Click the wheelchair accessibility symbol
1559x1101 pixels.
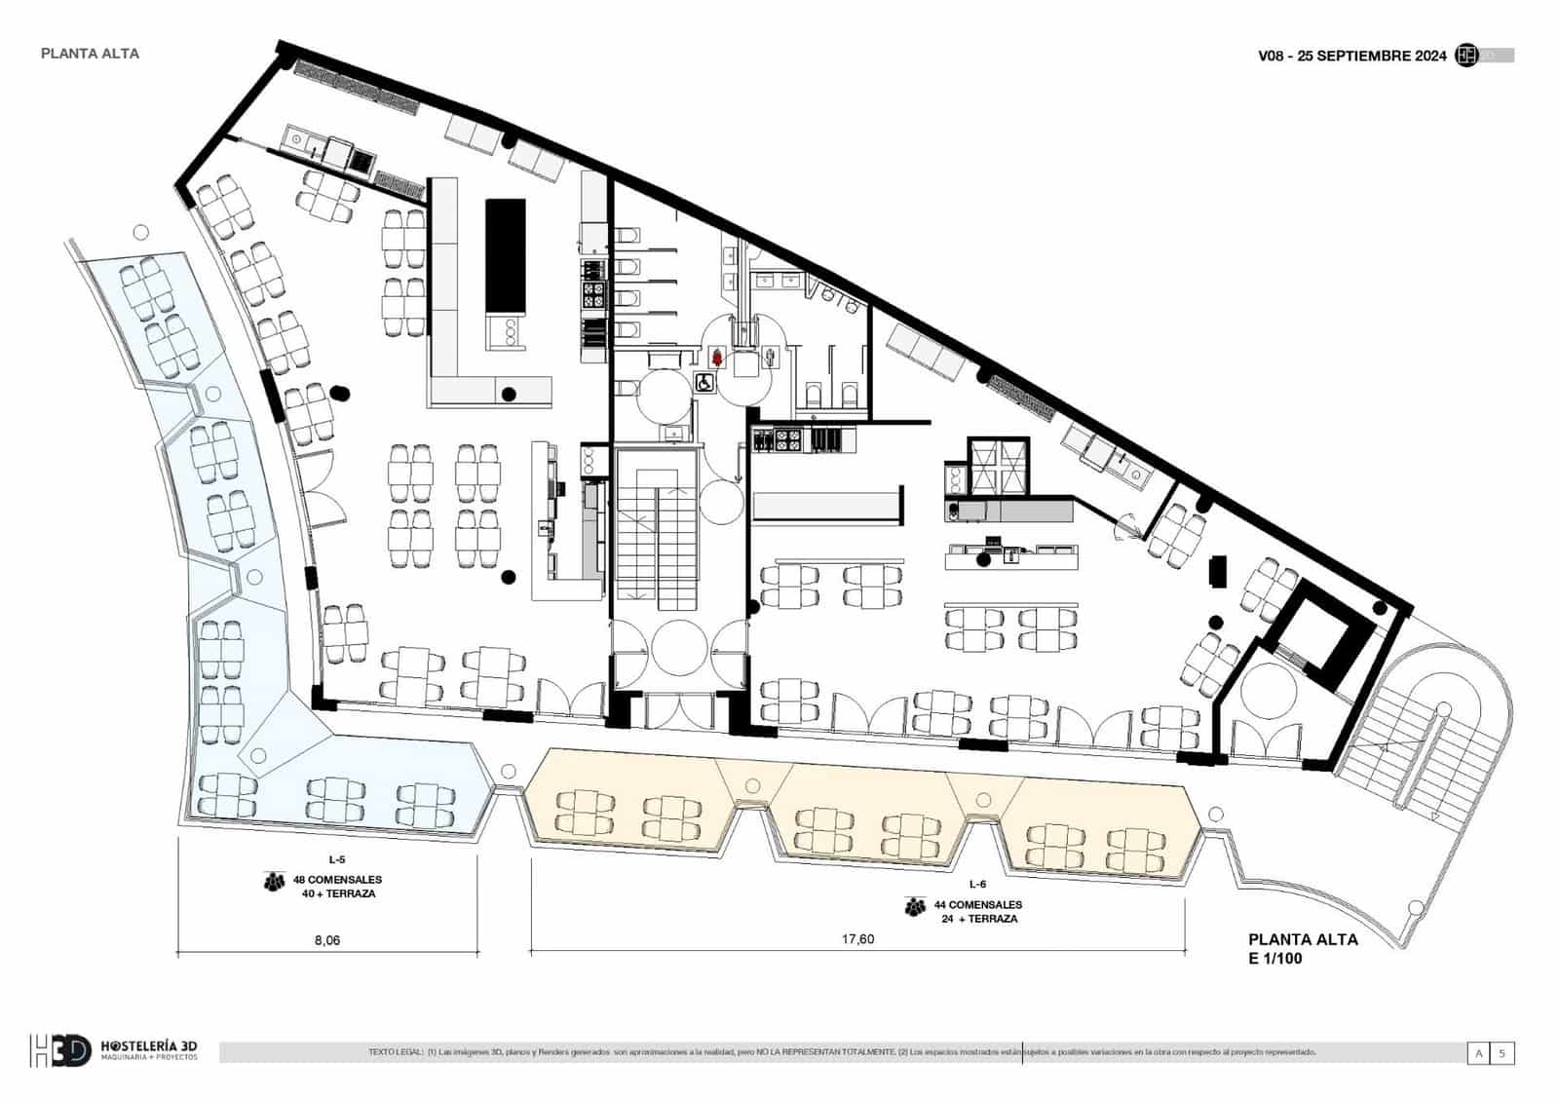703,383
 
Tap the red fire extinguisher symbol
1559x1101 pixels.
717,358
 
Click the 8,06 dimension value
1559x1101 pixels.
327,940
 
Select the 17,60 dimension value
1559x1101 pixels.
857,939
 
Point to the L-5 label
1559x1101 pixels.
337,859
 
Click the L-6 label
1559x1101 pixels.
977,884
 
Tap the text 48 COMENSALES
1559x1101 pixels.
337,880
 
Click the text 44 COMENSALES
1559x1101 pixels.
977,905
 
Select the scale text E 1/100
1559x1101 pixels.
1275,959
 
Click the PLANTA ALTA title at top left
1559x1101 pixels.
90,54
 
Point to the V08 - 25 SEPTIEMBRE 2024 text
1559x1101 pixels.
1352,57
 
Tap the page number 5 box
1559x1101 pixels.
1502,1053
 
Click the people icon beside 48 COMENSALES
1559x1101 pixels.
273,882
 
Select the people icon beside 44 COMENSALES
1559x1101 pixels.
914,907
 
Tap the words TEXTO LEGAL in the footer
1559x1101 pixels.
396,1052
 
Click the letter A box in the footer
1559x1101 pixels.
1479,1053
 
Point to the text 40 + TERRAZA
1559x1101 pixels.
338,893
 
